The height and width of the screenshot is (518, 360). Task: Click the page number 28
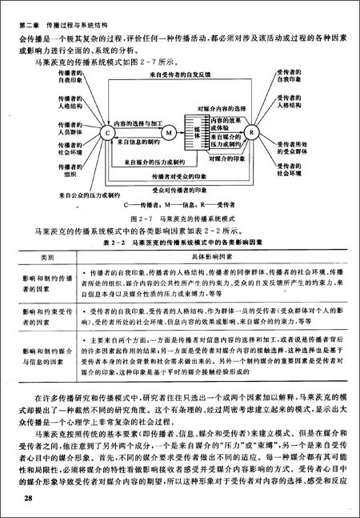click(29, 500)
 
